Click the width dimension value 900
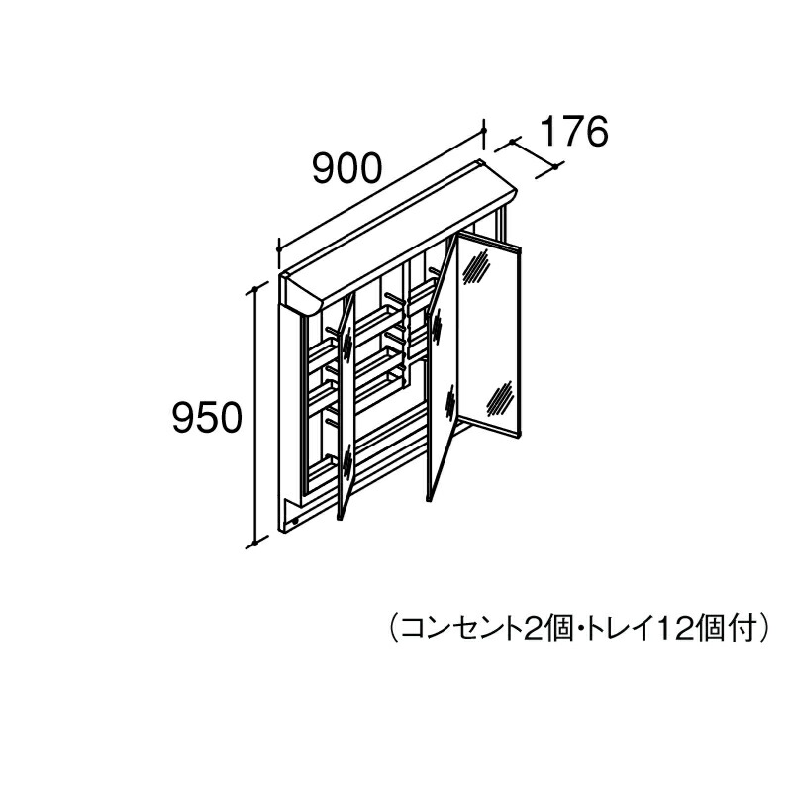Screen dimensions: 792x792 tap(346, 168)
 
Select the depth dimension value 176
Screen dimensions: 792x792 tap(574, 132)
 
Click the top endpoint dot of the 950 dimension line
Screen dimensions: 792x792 tap(255, 289)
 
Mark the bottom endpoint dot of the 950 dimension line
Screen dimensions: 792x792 tap(255, 544)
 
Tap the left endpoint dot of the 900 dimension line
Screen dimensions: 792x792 tap(279, 249)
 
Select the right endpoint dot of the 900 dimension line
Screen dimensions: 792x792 tap(484, 131)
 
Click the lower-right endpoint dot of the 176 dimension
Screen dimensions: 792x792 tap(555, 166)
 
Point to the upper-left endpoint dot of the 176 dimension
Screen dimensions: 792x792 tap(513, 142)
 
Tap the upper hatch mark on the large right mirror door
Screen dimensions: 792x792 tap(475, 263)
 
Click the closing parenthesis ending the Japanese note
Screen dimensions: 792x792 tap(763, 628)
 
